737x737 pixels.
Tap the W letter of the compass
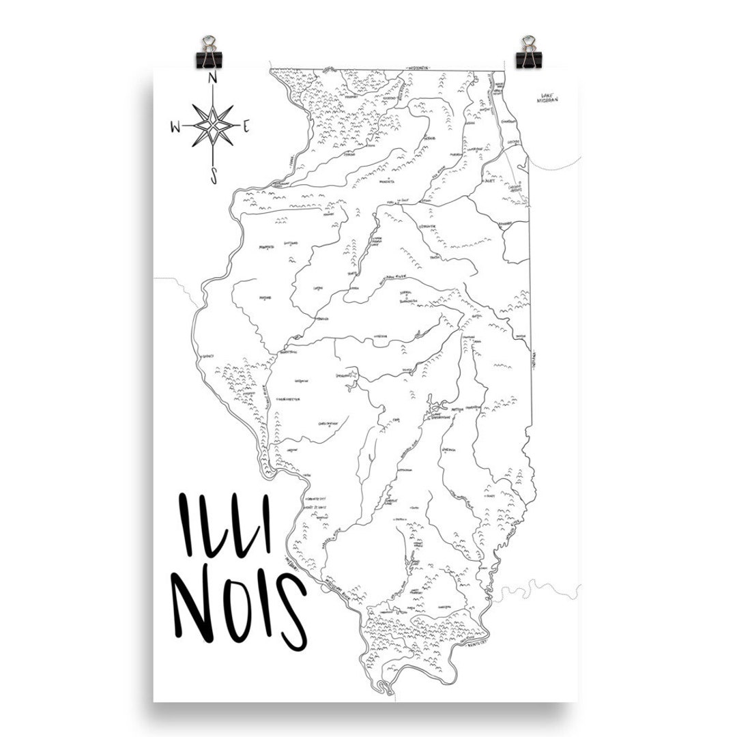(x=175, y=126)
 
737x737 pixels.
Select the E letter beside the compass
(x=246, y=126)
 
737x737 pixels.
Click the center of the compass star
(x=212, y=126)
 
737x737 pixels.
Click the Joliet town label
(x=489, y=182)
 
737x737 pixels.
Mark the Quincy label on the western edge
(x=208, y=356)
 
